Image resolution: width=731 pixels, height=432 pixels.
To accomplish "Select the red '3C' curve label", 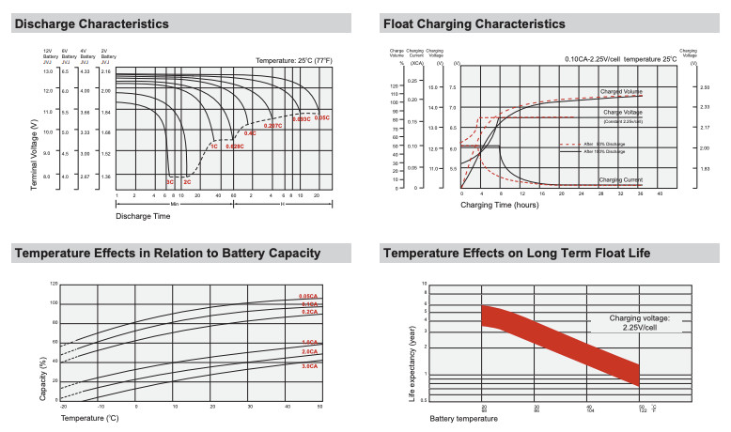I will coord(170,180).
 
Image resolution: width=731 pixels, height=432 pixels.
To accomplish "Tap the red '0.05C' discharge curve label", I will coord(321,118).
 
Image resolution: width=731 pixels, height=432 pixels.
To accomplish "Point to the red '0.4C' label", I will coord(250,134).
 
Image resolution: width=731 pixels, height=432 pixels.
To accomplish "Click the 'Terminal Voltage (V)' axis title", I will coord(35,154).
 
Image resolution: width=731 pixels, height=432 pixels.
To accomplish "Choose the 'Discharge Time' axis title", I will coord(142,216).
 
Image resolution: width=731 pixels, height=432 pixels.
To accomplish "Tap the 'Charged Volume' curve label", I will coord(621,92).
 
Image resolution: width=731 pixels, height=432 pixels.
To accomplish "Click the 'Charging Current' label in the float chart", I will coord(620,178).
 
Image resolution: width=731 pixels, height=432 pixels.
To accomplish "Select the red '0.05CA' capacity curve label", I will coord(309,297).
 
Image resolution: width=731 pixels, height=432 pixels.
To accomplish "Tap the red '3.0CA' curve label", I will coord(309,365).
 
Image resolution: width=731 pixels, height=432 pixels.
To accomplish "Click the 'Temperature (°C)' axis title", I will coord(88,416).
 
